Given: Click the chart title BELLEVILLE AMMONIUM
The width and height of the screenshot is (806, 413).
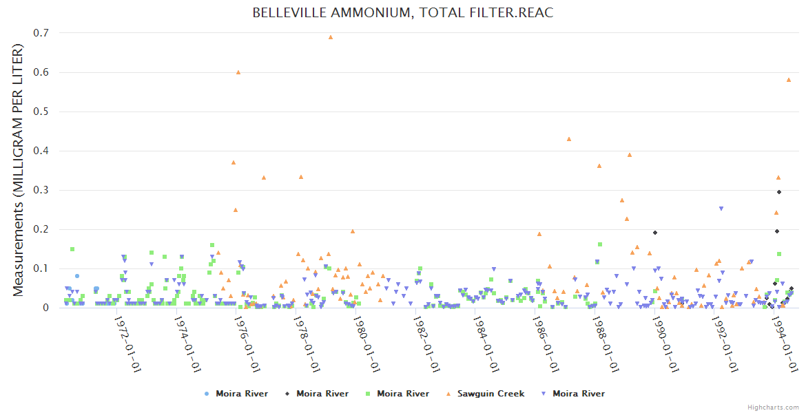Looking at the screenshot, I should pos(402,13).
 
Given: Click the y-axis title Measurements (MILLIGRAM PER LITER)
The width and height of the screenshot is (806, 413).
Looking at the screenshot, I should pos(19,170).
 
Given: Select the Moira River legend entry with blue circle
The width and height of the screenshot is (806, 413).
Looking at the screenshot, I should pos(234,394).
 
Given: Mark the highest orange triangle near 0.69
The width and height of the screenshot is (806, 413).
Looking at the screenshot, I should pos(331,37).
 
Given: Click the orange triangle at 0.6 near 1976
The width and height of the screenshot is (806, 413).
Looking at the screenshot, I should pos(238,72).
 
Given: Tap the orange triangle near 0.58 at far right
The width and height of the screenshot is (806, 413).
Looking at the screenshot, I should pos(789,80).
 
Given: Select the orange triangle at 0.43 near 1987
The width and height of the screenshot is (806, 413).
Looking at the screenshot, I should pos(569,139).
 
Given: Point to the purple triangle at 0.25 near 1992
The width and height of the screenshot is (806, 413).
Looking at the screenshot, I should pos(721,209).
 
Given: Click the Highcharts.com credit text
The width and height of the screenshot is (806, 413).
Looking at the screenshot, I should pos(773,407).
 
